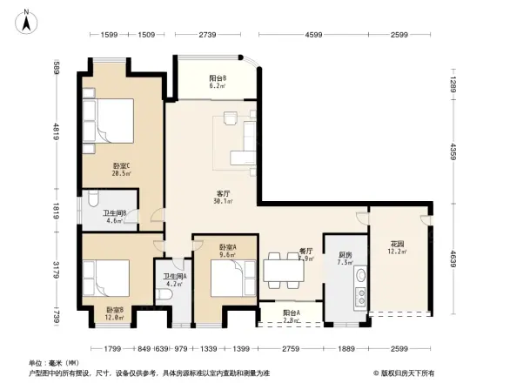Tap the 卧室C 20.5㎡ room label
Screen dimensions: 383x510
tap(121, 169)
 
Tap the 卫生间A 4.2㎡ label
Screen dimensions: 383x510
tap(174, 279)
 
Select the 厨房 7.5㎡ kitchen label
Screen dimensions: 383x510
tap(345, 259)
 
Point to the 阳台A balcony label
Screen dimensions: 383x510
tap(291, 316)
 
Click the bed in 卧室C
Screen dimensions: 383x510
tap(108, 121)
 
